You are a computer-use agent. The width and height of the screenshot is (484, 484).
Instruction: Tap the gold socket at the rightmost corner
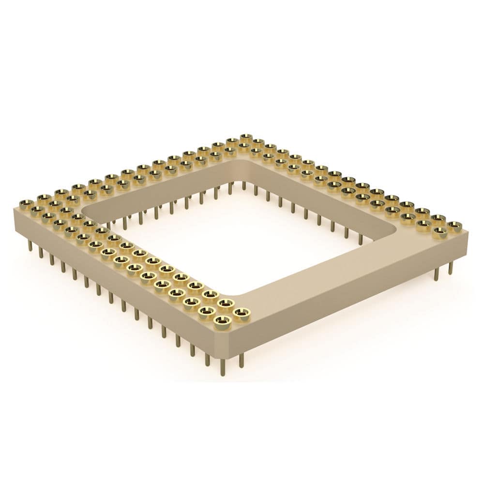pyautogui.click(x=454, y=226)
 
